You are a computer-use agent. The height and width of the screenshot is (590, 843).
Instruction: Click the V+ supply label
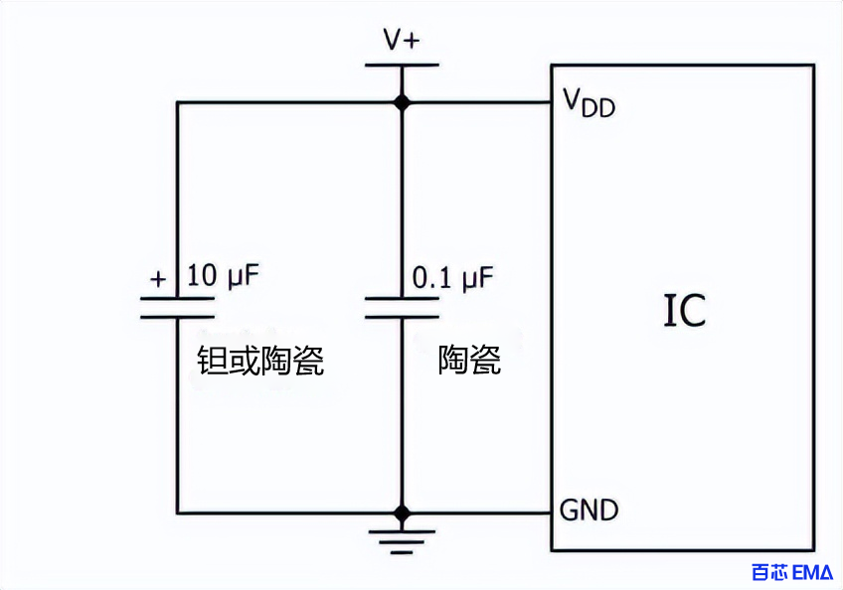[x=402, y=40]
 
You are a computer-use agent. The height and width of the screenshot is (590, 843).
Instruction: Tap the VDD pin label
[x=589, y=102]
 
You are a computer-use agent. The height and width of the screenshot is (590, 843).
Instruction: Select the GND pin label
[x=589, y=511]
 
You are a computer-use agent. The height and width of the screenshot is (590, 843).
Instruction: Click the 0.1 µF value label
[x=452, y=278]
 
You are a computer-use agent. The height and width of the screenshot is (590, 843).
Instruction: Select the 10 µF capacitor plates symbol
[x=177, y=307]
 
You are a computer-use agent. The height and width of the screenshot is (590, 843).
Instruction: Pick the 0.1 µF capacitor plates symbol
[x=402, y=307]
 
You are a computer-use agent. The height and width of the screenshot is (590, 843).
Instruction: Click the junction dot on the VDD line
[x=402, y=101]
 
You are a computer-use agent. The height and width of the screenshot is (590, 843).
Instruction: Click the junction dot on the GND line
[x=402, y=513]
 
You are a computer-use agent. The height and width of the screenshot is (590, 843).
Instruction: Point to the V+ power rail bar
[x=402, y=66]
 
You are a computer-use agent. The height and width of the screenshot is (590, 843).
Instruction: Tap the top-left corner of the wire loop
[x=178, y=101]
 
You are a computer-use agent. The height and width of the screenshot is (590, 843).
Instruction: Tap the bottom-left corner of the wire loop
[x=178, y=513]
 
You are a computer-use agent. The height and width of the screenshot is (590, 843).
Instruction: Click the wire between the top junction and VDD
[x=477, y=101]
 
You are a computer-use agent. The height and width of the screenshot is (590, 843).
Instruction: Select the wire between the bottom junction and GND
[x=477, y=513]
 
